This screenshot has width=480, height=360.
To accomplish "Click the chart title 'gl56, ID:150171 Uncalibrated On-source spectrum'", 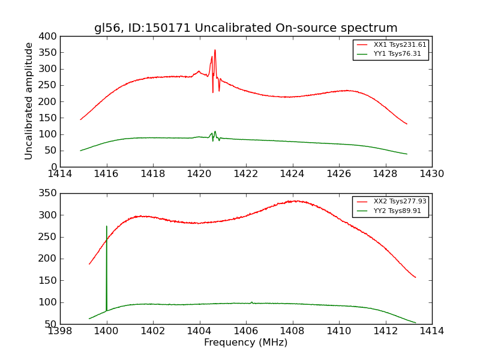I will point(245,28).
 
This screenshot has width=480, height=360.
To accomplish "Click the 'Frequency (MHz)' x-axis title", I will point(245,343).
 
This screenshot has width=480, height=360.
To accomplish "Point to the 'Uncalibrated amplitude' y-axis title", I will point(29,101).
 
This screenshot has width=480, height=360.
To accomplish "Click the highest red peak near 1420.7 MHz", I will point(215,50).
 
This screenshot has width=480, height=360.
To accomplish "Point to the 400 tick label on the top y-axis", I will point(49,37).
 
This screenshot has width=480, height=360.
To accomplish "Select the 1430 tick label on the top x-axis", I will point(431,174).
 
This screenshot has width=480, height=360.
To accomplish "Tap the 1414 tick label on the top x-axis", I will point(60,174).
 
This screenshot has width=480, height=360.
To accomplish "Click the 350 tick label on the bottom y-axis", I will point(49,193).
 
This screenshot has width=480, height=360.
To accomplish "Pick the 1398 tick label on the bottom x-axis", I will point(60,331).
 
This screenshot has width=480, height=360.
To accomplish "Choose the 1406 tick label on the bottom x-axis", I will point(245,331).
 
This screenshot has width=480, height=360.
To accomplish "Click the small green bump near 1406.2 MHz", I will point(251,302).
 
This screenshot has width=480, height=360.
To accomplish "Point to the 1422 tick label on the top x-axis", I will point(245,174).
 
